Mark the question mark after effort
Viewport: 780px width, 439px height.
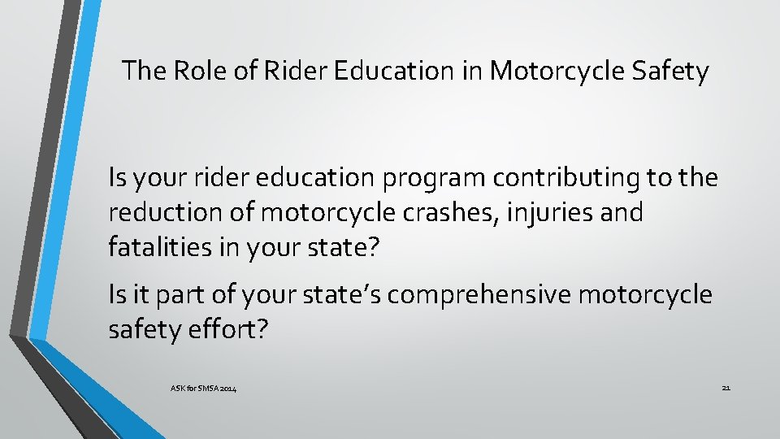(x=261, y=329)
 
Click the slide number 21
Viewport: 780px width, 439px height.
(x=726, y=388)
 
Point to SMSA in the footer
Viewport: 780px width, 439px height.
(x=209, y=390)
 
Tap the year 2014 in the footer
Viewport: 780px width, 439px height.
(x=229, y=390)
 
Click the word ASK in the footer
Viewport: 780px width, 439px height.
(x=178, y=390)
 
